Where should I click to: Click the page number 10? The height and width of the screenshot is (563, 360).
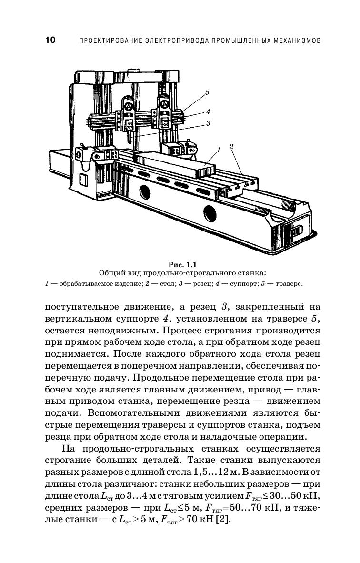tap(50, 40)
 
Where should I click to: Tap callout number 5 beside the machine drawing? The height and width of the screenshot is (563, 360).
tap(207, 92)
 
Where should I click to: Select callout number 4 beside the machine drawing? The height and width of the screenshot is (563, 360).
tap(208, 112)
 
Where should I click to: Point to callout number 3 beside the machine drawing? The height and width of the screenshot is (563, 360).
tap(209, 123)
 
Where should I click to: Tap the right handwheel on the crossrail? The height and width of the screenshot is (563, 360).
tap(164, 102)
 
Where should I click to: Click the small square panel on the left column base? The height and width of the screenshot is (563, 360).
tap(83, 180)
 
